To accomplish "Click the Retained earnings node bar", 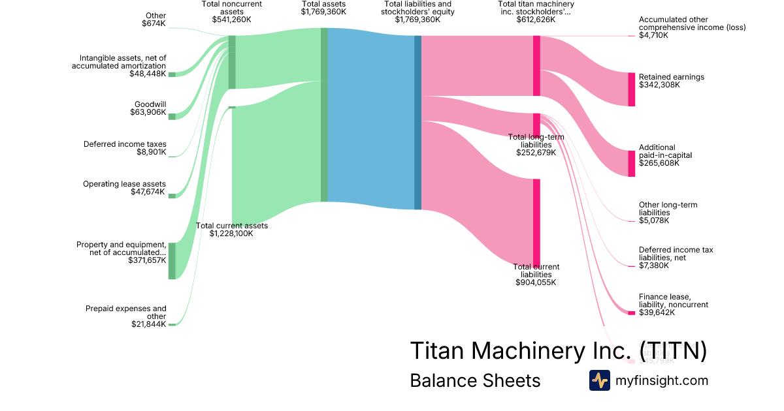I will point(631,89).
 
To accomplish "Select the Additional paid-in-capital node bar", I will point(631,163).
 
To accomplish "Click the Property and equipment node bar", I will point(172,261).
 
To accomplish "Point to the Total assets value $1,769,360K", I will point(325,12).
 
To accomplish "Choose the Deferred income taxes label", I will point(125,144).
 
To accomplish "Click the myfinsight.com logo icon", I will point(599,380).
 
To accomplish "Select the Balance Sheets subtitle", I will point(475,380).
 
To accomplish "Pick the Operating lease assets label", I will point(124,184).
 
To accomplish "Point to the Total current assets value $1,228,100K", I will point(231,234).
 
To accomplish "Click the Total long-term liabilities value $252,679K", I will point(536,153).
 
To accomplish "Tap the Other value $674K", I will point(154,23).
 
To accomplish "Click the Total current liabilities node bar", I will point(536,222).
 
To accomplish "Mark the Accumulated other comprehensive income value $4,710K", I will point(653,35).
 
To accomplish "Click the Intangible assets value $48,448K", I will point(148,74).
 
